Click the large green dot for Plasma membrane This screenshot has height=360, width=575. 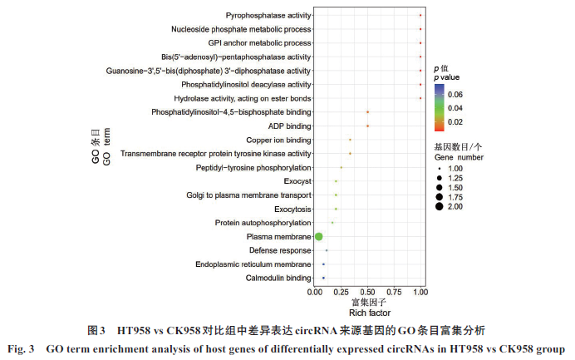(x=318, y=237)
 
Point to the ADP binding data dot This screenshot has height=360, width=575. (x=367, y=126)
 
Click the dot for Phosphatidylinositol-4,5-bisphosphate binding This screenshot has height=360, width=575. (x=367, y=112)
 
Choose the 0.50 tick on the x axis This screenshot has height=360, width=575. (x=367, y=291)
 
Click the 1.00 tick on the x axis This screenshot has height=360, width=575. (x=420, y=291)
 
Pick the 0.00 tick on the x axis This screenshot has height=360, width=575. (x=314, y=291)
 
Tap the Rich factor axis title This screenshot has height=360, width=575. (x=366, y=312)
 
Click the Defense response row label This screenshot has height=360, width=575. (x=280, y=250)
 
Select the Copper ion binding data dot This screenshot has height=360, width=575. (x=351, y=140)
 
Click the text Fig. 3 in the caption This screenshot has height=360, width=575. (x=23, y=348)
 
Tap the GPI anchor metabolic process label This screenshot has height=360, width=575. (x=259, y=43)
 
